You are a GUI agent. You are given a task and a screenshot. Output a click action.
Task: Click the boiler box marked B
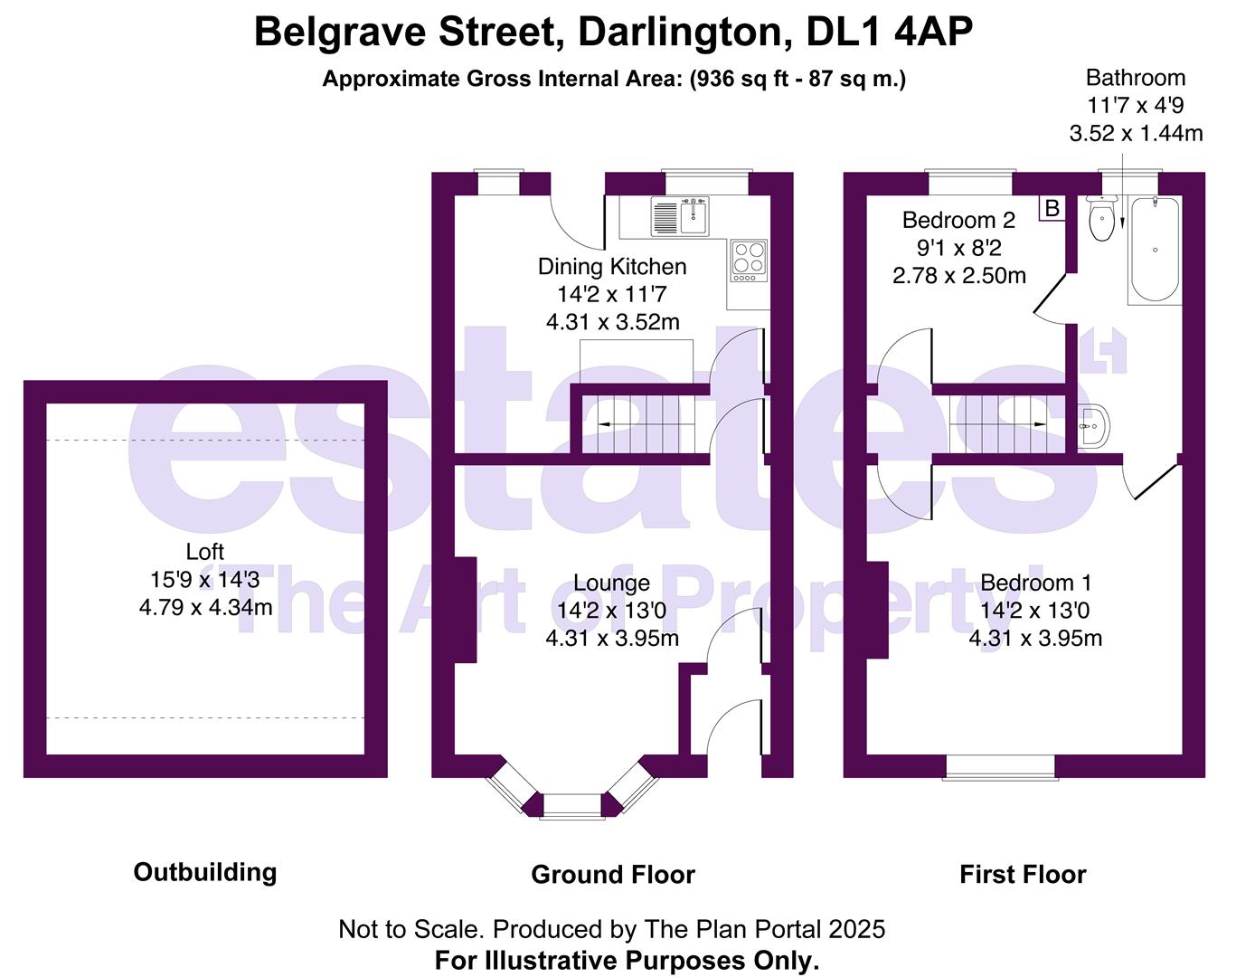click(1052, 208)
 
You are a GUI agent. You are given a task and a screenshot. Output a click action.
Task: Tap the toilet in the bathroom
click(1101, 221)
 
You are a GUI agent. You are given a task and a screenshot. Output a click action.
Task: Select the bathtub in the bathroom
click(1155, 250)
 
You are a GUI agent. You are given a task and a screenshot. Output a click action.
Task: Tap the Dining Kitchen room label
click(612, 267)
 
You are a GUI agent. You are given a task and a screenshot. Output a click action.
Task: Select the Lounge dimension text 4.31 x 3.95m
click(612, 639)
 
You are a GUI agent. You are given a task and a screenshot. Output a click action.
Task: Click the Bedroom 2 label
click(958, 220)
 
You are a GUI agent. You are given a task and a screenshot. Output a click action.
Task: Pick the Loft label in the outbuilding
click(205, 552)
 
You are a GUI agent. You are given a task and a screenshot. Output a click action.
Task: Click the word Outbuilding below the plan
click(205, 872)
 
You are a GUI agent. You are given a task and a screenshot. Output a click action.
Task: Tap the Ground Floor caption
click(613, 875)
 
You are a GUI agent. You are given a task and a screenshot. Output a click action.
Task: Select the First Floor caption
click(1023, 875)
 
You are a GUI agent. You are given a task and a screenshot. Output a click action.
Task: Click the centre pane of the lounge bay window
click(571, 806)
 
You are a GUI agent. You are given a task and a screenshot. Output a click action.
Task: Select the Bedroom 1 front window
click(1000, 767)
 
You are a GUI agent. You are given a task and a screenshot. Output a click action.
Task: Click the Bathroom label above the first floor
click(1136, 78)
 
